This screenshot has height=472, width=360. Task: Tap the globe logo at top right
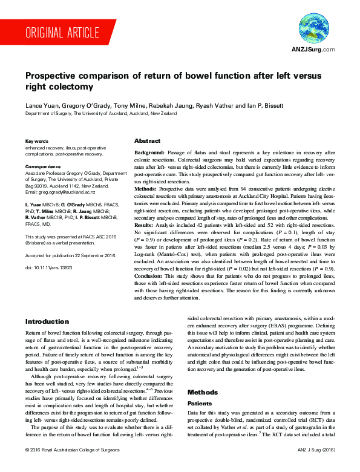313,28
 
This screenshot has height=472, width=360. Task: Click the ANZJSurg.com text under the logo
313,50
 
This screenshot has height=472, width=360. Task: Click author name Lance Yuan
40,105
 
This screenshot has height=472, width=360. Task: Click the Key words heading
37,140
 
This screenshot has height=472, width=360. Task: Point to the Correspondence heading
44,166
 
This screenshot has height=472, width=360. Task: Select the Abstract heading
147,140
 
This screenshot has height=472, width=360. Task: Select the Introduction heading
47,322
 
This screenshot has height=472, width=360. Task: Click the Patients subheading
199,402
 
